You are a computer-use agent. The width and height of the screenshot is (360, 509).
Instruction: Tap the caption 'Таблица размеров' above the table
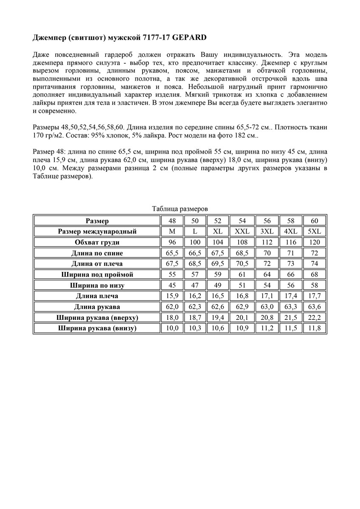coord(180,209)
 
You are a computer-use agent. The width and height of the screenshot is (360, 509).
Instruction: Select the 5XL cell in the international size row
coord(315,232)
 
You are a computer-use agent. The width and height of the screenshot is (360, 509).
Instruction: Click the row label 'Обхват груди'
coord(97,243)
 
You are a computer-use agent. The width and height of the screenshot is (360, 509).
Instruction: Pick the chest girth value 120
coord(315,243)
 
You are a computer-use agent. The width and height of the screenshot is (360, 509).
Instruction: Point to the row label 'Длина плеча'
coord(97,296)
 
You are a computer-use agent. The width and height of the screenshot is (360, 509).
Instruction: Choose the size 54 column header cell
coord(242,221)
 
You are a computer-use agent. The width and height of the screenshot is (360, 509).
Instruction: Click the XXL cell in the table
coord(242,232)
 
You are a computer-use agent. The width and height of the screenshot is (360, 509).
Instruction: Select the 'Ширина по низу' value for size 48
coord(172,285)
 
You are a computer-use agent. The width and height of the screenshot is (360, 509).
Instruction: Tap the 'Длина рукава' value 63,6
coord(315,307)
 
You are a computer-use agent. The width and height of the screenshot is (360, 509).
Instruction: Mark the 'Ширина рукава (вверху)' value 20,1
coord(242,317)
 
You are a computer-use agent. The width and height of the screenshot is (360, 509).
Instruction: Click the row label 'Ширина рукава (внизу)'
coord(97,328)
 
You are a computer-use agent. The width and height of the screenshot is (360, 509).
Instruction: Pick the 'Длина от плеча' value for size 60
coord(315,264)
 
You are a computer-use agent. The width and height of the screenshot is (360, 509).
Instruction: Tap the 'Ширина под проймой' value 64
coord(267,275)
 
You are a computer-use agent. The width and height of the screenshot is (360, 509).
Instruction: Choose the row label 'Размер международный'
coord(97,232)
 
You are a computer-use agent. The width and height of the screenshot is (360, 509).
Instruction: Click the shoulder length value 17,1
coord(267,296)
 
